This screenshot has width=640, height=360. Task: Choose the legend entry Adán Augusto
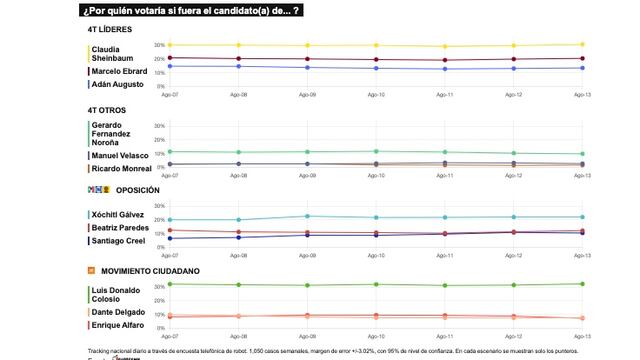117,84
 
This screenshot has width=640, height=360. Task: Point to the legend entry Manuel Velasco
120,155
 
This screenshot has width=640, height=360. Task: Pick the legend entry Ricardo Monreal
121,169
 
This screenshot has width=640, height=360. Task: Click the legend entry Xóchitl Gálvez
118,215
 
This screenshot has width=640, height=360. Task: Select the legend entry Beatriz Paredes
120,228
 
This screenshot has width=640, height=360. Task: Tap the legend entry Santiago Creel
119,241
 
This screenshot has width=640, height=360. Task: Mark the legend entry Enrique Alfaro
118,324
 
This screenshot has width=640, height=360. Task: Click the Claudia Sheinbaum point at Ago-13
581,44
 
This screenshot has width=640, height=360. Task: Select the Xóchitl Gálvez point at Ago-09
308,216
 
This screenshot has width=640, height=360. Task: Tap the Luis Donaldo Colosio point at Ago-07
171,284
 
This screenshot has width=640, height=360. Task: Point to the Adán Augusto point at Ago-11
445,69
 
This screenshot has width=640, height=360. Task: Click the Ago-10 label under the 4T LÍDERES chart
376,95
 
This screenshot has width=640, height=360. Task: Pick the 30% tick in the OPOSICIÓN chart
159,206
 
